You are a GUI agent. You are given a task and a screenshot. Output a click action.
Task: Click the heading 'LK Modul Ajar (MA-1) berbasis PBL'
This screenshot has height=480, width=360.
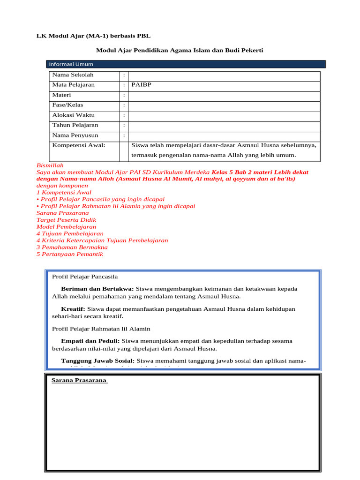click(x=94, y=36)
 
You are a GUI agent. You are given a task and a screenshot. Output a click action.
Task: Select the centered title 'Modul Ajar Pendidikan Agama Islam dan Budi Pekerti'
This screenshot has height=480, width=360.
click(x=180, y=50)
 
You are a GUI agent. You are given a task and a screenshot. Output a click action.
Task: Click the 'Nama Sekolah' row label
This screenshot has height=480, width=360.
click(x=73, y=75)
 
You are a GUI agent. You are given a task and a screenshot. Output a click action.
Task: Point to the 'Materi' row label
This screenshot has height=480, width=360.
click(x=62, y=95)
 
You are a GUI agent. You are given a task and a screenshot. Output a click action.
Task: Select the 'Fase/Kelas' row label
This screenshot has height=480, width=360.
click(x=67, y=105)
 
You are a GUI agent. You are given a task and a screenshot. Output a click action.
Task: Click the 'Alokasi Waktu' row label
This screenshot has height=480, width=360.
click(x=74, y=115)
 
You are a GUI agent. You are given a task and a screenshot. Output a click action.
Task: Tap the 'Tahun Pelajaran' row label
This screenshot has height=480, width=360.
click(x=75, y=125)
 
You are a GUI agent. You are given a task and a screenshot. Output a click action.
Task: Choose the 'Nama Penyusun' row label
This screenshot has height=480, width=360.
click(x=75, y=135)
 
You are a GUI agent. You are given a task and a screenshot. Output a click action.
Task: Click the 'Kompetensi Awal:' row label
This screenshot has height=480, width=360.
click(x=79, y=145)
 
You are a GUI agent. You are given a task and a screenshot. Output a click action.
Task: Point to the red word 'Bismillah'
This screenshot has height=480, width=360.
click(x=50, y=165)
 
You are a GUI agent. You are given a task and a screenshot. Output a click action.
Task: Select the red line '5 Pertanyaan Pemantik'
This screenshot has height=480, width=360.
click(x=69, y=254)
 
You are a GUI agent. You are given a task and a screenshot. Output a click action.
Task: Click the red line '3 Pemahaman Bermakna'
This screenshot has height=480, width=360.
click(x=72, y=247)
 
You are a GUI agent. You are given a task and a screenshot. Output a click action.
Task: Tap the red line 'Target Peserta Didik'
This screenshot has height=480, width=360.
click(x=66, y=220)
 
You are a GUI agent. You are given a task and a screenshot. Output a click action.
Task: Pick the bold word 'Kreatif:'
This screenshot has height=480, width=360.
click(x=73, y=309)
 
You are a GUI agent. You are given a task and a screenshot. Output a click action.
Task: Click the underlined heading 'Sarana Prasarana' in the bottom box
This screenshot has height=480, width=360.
click(x=79, y=380)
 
